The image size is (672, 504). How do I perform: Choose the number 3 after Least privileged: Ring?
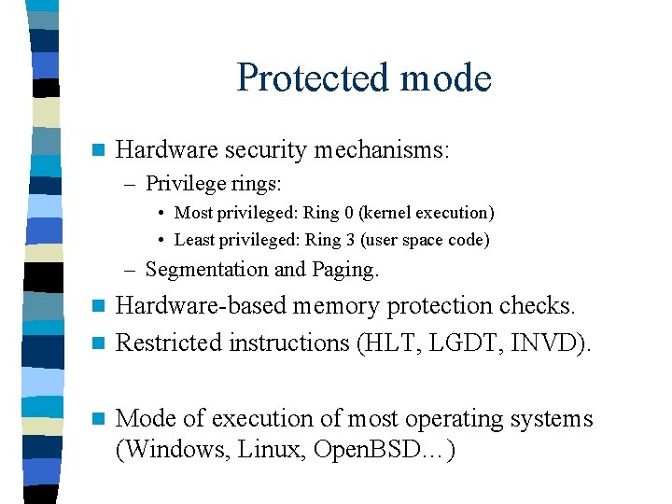347,240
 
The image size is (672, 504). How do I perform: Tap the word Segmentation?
206,270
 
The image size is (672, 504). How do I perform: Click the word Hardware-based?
201,306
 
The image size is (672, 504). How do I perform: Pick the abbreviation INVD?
556,343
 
